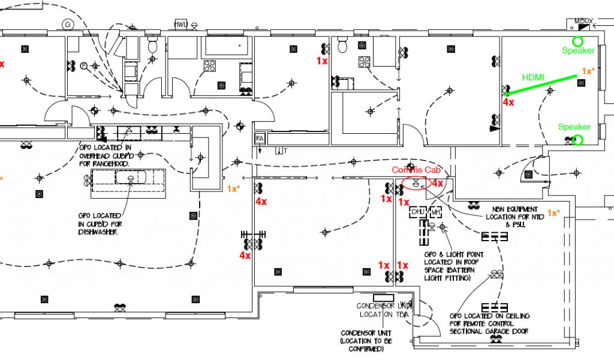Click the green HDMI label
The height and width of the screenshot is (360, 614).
click(x=534, y=77)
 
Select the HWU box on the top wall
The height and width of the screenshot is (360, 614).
click(x=180, y=25)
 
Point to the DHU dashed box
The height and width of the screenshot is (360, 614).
click(x=417, y=212)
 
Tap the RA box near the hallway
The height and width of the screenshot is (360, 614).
click(x=260, y=138)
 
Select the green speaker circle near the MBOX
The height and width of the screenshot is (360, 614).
click(x=577, y=41)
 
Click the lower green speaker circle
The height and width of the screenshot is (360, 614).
click(x=577, y=140)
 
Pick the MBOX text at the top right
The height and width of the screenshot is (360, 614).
click(x=583, y=21)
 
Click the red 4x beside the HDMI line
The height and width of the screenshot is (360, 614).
click(x=508, y=103)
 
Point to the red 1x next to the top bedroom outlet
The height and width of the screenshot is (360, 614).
click(x=322, y=61)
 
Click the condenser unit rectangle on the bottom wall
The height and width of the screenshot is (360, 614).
click(x=383, y=298)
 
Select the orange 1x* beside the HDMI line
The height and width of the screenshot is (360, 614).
click(x=588, y=71)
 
